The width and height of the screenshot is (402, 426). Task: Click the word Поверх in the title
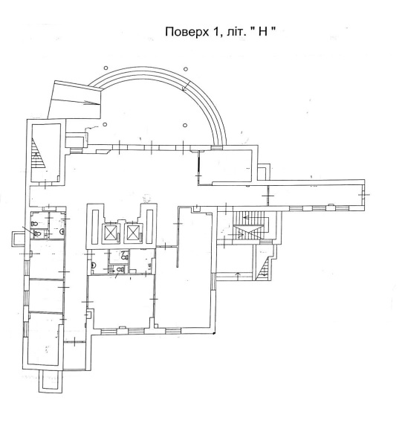click(x=187, y=31)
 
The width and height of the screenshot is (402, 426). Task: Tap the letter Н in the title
click(x=262, y=31)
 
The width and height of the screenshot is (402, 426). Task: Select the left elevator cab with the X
click(x=110, y=233)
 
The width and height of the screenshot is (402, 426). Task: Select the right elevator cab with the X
click(x=133, y=233)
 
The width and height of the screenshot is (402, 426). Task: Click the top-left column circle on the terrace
click(x=106, y=68)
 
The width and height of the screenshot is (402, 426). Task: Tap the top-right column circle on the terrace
click(x=186, y=68)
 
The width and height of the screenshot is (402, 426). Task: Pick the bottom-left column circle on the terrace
click(x=105, y=124)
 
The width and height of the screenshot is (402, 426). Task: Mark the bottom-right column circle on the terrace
click(x=185, y=125)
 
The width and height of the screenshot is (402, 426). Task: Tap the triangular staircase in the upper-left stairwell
click(x=37, y=153)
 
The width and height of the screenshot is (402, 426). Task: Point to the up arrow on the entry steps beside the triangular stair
click(x=239, y=275)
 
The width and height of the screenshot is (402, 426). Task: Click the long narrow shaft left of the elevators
click(x=95, y=227)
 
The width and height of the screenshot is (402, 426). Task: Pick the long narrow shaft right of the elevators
click(x=149, y=227)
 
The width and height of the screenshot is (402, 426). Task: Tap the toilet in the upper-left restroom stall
click(x=34, y=224)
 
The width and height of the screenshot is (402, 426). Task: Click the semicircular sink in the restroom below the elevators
click(x=93, y=265)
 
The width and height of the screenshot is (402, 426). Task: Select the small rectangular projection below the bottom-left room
click(x=51, y=381)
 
